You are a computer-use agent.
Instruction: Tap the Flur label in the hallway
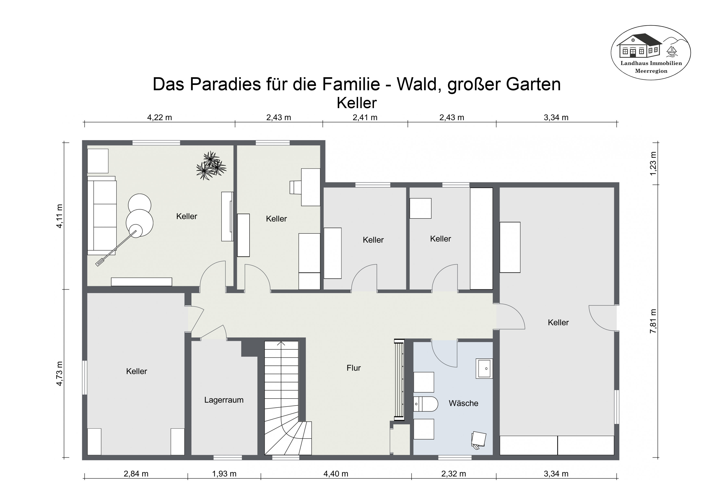[x=353, y=368]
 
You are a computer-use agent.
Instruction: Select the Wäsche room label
[x=463, y=403]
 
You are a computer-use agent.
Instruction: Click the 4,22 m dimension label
[x=159, y=118]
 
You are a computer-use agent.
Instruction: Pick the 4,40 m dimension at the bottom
[x=336, y=474]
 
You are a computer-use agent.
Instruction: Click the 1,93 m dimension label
[x=224, y=474]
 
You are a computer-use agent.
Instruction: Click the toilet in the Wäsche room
[x=425, y=404]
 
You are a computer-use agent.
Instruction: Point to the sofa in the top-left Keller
[x=102, y=215]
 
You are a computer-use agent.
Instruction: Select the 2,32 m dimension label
[x=453, y=474]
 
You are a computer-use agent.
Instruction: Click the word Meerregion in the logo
[x=651, y=71]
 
